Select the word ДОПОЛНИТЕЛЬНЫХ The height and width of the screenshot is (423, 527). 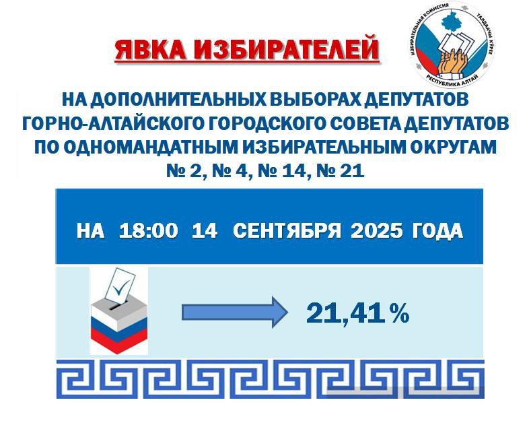[x=177, y=100]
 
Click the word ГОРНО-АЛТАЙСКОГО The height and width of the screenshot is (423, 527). [x=113, y=123]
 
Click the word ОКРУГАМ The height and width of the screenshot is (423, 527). [x=454, y=147]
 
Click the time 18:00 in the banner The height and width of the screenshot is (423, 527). [x=148, y=231]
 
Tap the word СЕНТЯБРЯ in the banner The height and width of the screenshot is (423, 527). [x=287, y=231]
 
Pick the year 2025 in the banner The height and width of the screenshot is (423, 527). [x=376, y=231]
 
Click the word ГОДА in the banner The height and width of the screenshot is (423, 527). [x=437, y=231]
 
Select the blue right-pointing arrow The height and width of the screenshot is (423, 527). [x=235, y=313]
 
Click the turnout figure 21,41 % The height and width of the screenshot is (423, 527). [x=357, y=313]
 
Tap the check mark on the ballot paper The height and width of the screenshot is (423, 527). [x=120, y=287]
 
